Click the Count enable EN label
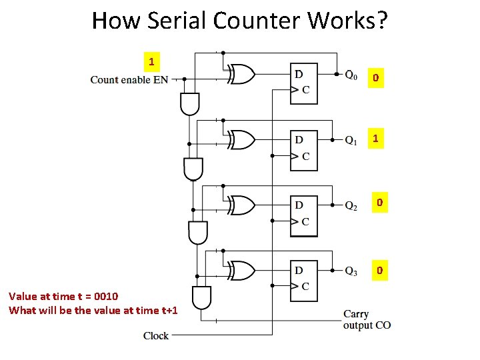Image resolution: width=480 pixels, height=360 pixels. (x=129, y=80)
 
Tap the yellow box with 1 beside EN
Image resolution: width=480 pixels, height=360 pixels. (x=151, y=62)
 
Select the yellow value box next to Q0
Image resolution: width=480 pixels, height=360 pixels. (x=376, y=79)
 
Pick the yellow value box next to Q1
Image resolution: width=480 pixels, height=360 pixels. (x=376, y=139)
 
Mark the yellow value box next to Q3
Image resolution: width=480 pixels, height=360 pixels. (x=379, y=270)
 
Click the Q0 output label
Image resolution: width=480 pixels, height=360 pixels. (x=351, y=75)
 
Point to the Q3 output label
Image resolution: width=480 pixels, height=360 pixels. (x=351, y=271)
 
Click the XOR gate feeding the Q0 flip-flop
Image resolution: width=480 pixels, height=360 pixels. (x=241, y=75)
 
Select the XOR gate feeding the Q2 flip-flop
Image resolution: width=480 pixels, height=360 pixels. (x=241, y=205)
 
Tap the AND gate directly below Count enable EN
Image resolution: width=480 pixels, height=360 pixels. (x=189, y=103)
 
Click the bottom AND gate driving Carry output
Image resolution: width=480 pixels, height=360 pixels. (x=201, y=296)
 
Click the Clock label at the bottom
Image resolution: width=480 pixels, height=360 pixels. (x=156, y=335)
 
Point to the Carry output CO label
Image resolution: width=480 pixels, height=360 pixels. (x=367, y=319)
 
